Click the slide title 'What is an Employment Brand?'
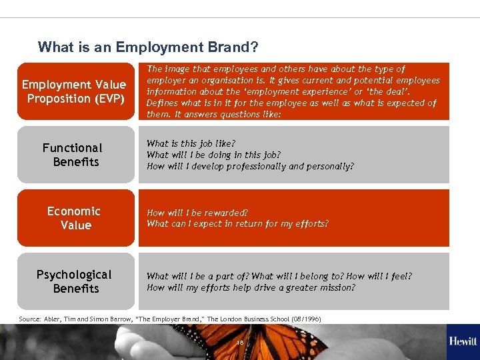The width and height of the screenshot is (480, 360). click(x=148, y=47)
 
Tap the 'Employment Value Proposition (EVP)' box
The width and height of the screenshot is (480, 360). click(x=74, y=91)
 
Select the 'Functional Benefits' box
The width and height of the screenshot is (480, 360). click(x=74, y=155)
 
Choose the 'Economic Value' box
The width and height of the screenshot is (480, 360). click(x=74, y=218)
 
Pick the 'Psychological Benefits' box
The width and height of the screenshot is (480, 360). click(x=74, y=281)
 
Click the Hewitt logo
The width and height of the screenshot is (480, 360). click(x=463, y=341)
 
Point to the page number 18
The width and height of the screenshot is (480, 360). click(x=240, y=342)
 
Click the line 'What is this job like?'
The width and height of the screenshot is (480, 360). click(x=191, y=143)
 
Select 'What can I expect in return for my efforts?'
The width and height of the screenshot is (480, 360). click(x=237, y=224)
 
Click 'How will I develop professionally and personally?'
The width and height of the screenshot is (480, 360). click(x=250, y=166)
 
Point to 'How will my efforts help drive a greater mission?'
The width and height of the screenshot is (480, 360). click(x=251, y=288)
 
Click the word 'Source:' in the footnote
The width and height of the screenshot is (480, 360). click(x=30, y=319)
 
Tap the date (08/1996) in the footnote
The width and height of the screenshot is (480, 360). click(x=306, y=319)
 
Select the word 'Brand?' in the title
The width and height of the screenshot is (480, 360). click(x=237, y=47)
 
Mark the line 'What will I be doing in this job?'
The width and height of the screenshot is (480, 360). click(x=213, y=155)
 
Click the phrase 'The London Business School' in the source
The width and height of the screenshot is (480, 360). click(x=249, y=319)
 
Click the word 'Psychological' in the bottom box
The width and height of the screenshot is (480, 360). click(x=74, y=275)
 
